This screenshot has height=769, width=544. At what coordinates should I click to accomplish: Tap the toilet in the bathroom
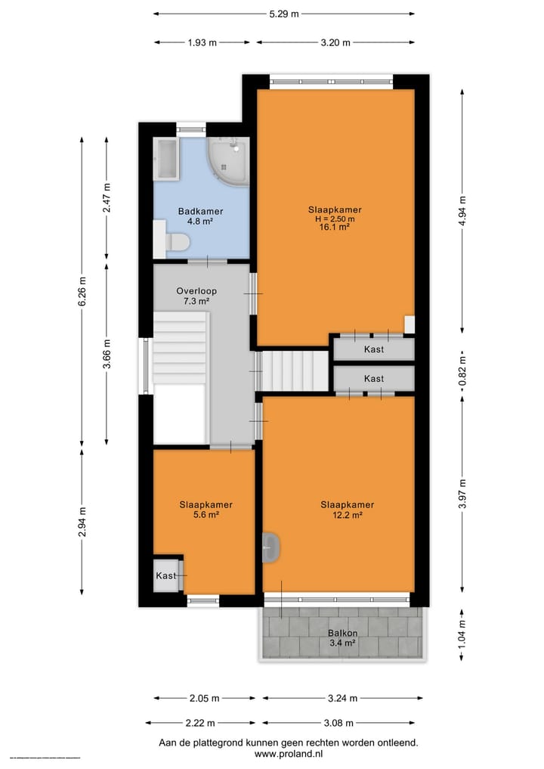coord(178,242)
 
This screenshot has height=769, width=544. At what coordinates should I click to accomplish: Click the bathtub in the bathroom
coord(165,159)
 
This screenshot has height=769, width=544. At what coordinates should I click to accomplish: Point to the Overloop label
coord(196,290)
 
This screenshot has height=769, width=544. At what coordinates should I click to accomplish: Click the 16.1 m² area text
coord(334,227)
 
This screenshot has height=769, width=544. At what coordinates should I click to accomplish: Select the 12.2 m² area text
coord(347,515)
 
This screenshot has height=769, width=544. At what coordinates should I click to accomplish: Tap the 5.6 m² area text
coord(205,515)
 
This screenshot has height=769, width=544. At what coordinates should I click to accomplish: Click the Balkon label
coord(342,633)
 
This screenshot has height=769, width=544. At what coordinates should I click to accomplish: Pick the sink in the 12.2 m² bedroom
coord(271,547)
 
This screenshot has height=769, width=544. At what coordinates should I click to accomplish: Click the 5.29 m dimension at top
coord(284,14)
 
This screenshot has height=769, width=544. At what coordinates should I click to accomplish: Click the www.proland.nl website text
coord(289,754)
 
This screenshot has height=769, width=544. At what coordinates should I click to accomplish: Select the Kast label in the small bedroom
coord(165,575)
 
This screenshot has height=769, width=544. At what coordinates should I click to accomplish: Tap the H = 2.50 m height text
coord(334,219)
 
